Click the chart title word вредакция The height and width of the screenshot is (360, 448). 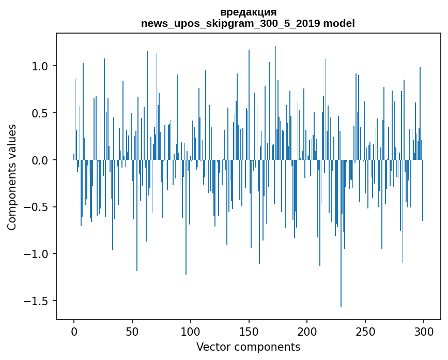click(x=248, y=12)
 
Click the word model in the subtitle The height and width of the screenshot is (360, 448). click(x=339, y=24)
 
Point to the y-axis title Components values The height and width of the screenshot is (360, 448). click(x=12, y=177)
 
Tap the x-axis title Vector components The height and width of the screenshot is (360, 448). click(x=248, y=347)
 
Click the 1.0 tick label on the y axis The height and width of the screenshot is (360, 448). click(x=40, y=66)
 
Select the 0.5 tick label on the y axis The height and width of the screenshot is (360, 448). click(x=40, y=113)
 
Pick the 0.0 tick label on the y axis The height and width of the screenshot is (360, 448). click(x=40, y=160)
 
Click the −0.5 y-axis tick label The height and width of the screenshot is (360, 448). click(x=37, y=207)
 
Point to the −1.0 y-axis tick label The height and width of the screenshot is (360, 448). click(x=37, y=254)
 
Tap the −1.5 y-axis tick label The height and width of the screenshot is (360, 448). click(x=37, y=301)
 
